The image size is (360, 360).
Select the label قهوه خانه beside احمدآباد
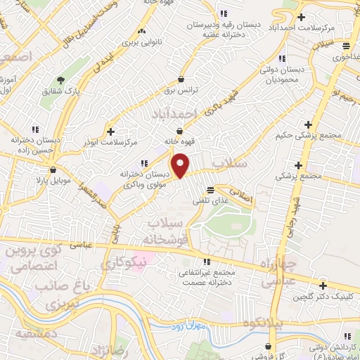pyautogui.click(x=179, y=141)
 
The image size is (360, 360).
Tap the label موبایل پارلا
pyautogui.click(x=30, y=180)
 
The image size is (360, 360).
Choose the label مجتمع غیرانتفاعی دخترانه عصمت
pyautogui.click(x=206, y=276)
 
